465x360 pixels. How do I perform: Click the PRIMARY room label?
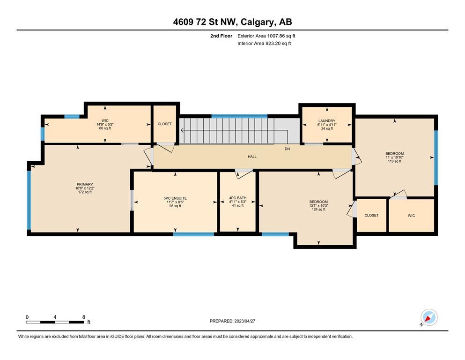(84, 184)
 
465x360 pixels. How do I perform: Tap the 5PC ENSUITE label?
(175, 198)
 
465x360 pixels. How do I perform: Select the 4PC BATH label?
(238, 198)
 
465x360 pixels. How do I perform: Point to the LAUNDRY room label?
(327, 121)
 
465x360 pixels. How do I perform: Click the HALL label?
(252, 157)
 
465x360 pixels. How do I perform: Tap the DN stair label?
(287, 149)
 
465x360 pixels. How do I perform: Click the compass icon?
(429, 317)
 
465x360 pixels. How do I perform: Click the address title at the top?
(232, 22)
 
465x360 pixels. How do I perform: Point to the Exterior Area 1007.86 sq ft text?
(266, 36)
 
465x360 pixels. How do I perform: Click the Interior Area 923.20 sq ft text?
(264, 43)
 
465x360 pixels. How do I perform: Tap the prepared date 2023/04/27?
(244, 321)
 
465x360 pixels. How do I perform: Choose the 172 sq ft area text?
(84, 192)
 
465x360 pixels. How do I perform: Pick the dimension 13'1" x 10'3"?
(318, 205)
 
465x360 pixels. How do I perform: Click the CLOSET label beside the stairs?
(164, 124)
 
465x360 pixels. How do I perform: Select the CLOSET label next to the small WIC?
(371, 215)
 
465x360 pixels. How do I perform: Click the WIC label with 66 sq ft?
(105, 120)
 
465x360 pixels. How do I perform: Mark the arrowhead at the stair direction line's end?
(182, 130)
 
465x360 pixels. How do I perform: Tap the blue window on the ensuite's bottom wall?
(194, 234)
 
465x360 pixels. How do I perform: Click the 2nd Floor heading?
(221, 36)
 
